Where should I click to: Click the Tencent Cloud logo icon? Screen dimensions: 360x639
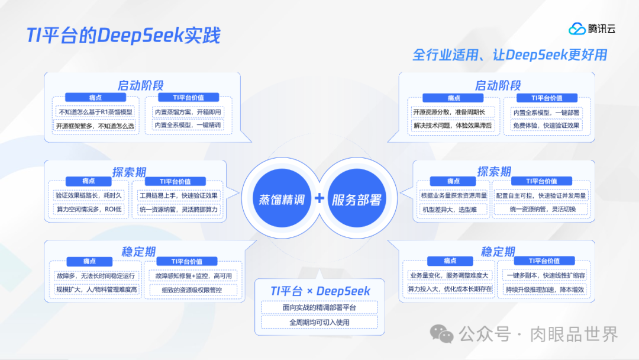click(x=577, y=28)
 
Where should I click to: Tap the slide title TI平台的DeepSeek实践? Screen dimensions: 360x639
click(x=123, y=36)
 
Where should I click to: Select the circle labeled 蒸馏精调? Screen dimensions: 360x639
click(x=282, y=200)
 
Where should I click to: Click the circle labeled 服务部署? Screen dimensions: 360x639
click(x=356, y=200)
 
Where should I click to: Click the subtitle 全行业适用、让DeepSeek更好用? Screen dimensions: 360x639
click(x=509, y=55)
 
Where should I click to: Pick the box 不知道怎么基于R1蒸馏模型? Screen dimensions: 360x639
click(x=95, y=111)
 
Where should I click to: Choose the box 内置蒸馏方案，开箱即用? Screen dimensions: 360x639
click(x=188, y=111)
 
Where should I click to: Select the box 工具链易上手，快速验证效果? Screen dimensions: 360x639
click(x=179, y=195)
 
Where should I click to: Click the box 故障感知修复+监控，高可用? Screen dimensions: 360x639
click(x=193, y=276)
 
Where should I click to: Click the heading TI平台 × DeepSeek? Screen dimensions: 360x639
click(x=320, y=291)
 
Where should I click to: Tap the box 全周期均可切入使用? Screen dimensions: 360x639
click(x=319, y=322)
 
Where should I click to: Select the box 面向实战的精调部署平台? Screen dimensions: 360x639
click(x=319, y=308)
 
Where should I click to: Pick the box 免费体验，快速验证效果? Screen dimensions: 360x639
click(x=546, y=126)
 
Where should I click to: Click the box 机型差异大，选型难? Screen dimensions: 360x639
click(x=446, y=210)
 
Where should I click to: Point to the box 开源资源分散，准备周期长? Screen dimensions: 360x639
click(x=453, y=112)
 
